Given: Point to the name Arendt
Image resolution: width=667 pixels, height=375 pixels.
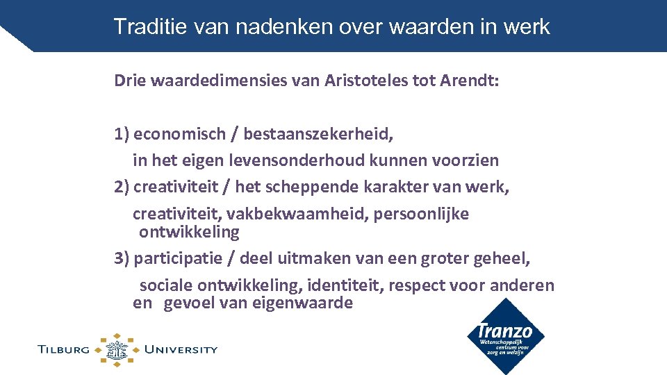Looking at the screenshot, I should [x=469, y=81].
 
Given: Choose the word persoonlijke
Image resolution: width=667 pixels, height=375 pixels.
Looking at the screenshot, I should [x=421, y=214].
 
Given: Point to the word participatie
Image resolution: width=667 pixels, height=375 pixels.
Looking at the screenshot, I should [x=183, y=258].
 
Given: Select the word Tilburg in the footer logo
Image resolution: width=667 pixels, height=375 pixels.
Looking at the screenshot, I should [x=65, y=349].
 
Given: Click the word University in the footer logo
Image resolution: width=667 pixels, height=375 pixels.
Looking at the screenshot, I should [x=181, y=349].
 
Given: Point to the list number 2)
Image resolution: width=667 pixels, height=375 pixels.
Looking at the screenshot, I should [x=122, y=187].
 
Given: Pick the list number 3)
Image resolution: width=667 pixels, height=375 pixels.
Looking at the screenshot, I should [x=122, y=258].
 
